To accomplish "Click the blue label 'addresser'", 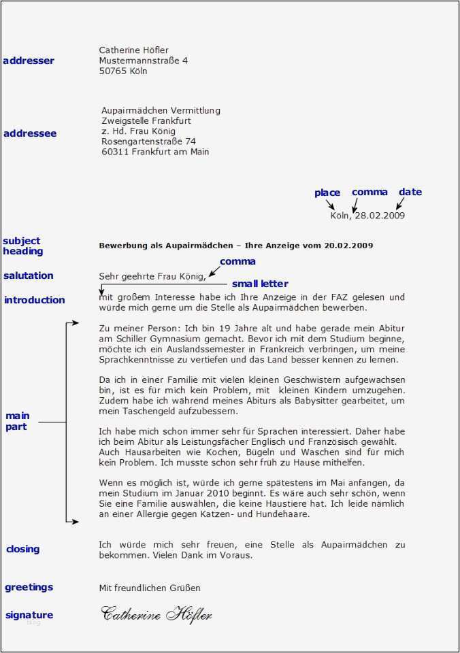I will [29, 61].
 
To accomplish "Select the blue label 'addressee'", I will [30, 133].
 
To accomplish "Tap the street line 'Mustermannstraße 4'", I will [143, 61].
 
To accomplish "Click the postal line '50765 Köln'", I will [122, 71].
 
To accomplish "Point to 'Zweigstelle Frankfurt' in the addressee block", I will [146, 120].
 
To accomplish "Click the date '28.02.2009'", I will [380, 216].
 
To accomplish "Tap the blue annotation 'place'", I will [327, 192].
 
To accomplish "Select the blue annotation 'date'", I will [410, 192].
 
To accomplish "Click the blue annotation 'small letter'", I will [260, 284].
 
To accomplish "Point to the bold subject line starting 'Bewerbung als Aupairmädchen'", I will [235, 245].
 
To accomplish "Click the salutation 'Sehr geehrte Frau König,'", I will [152, 275].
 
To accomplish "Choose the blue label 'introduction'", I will [34, 300].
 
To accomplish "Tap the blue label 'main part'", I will [18, 421].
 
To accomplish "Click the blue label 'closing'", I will [23, 549].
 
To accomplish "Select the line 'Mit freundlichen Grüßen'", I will [150, 588].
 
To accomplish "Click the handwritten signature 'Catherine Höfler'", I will [157, 614].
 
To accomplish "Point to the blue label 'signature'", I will [29, 615].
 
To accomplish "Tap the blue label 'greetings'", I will [29, 587].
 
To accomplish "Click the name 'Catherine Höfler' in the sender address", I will [133, 50].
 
